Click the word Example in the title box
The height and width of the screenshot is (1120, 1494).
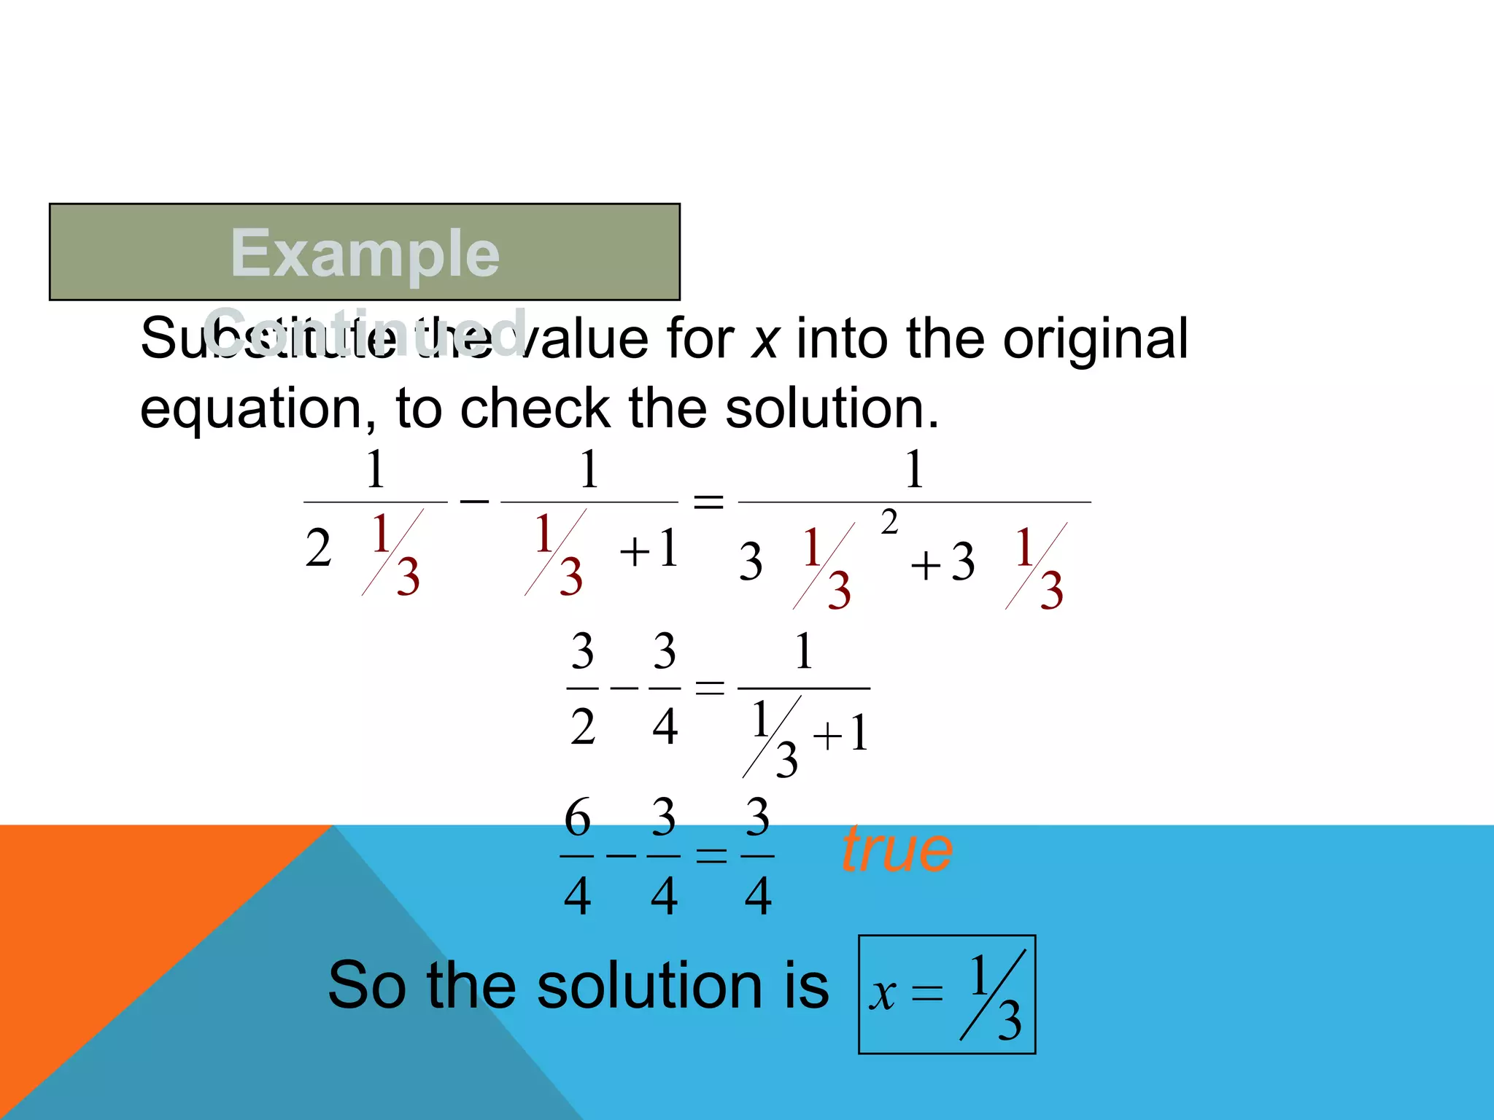coord(365,253)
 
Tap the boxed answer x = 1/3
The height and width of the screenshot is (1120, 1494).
coord(947,994)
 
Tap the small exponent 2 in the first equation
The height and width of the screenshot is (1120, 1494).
coord(889,522)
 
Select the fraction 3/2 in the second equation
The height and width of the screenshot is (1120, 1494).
coord(582,688)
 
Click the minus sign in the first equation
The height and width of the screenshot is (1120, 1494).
coord(474,501)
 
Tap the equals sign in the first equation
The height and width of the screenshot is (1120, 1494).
coord(708,502)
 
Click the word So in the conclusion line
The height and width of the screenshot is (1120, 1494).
coord(366,985)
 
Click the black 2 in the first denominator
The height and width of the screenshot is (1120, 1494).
coord(318,548)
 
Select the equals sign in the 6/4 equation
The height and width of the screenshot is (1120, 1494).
coord(711,855)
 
